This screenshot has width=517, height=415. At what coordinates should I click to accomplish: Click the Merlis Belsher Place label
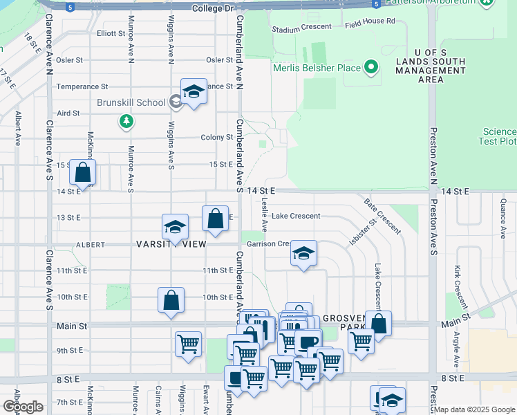click(317, 68)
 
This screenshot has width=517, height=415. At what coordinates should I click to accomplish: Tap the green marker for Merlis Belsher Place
click(371, 68)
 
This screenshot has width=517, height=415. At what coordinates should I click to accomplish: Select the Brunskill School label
click(131, 102)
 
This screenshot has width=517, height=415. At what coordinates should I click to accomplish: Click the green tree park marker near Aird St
click(126, 122)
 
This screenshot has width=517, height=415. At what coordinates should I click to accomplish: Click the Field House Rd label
click(370, 21)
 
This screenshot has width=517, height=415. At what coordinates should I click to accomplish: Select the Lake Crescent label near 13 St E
click(295, 216)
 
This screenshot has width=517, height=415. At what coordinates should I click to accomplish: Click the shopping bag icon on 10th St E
click(171, 300)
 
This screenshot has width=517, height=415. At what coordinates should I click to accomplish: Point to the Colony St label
click(216, 138)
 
